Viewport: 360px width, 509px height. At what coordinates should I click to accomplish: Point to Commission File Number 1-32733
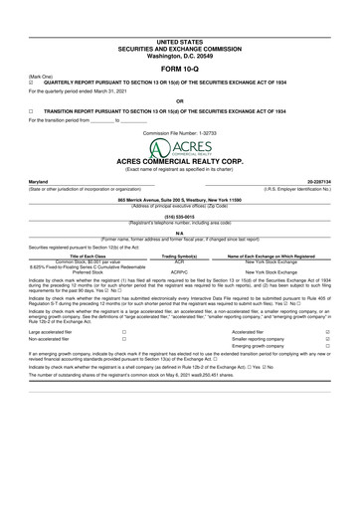pos(179,131)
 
